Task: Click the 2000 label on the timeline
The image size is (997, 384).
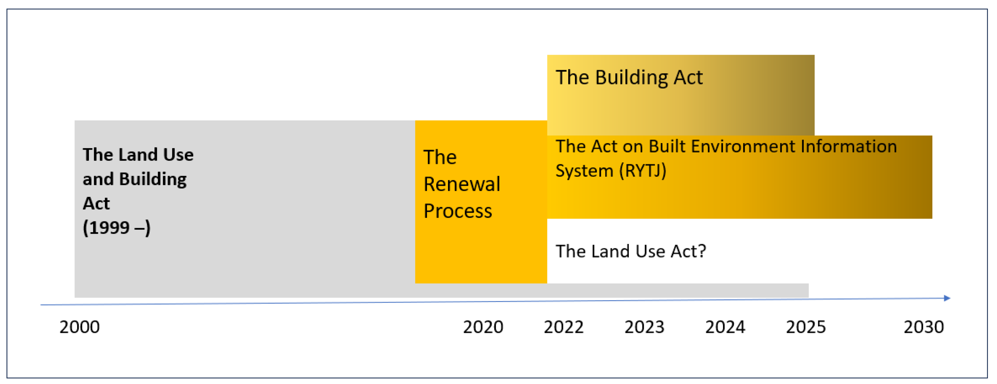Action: (79, 327)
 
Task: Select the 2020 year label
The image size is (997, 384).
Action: (483, 327)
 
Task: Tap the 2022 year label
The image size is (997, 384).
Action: (564, 327)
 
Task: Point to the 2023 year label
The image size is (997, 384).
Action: (644, 327)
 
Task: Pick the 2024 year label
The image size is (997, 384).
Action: (725, 327)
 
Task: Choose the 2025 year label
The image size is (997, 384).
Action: (806, 327)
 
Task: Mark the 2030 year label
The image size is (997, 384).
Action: (924, 327)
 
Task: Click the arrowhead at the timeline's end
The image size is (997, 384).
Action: (948, 298)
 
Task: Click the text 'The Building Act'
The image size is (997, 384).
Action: (629, 78)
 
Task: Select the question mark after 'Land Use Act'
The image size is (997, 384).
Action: (702, 251)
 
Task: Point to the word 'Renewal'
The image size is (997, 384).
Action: (462, 184)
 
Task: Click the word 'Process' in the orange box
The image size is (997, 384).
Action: (458, 211)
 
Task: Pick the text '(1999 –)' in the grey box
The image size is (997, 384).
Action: (117, 228)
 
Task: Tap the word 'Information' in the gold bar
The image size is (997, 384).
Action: (848, 147)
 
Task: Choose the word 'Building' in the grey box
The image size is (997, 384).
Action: (153, 179)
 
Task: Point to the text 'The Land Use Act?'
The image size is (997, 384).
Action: (631, 251)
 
